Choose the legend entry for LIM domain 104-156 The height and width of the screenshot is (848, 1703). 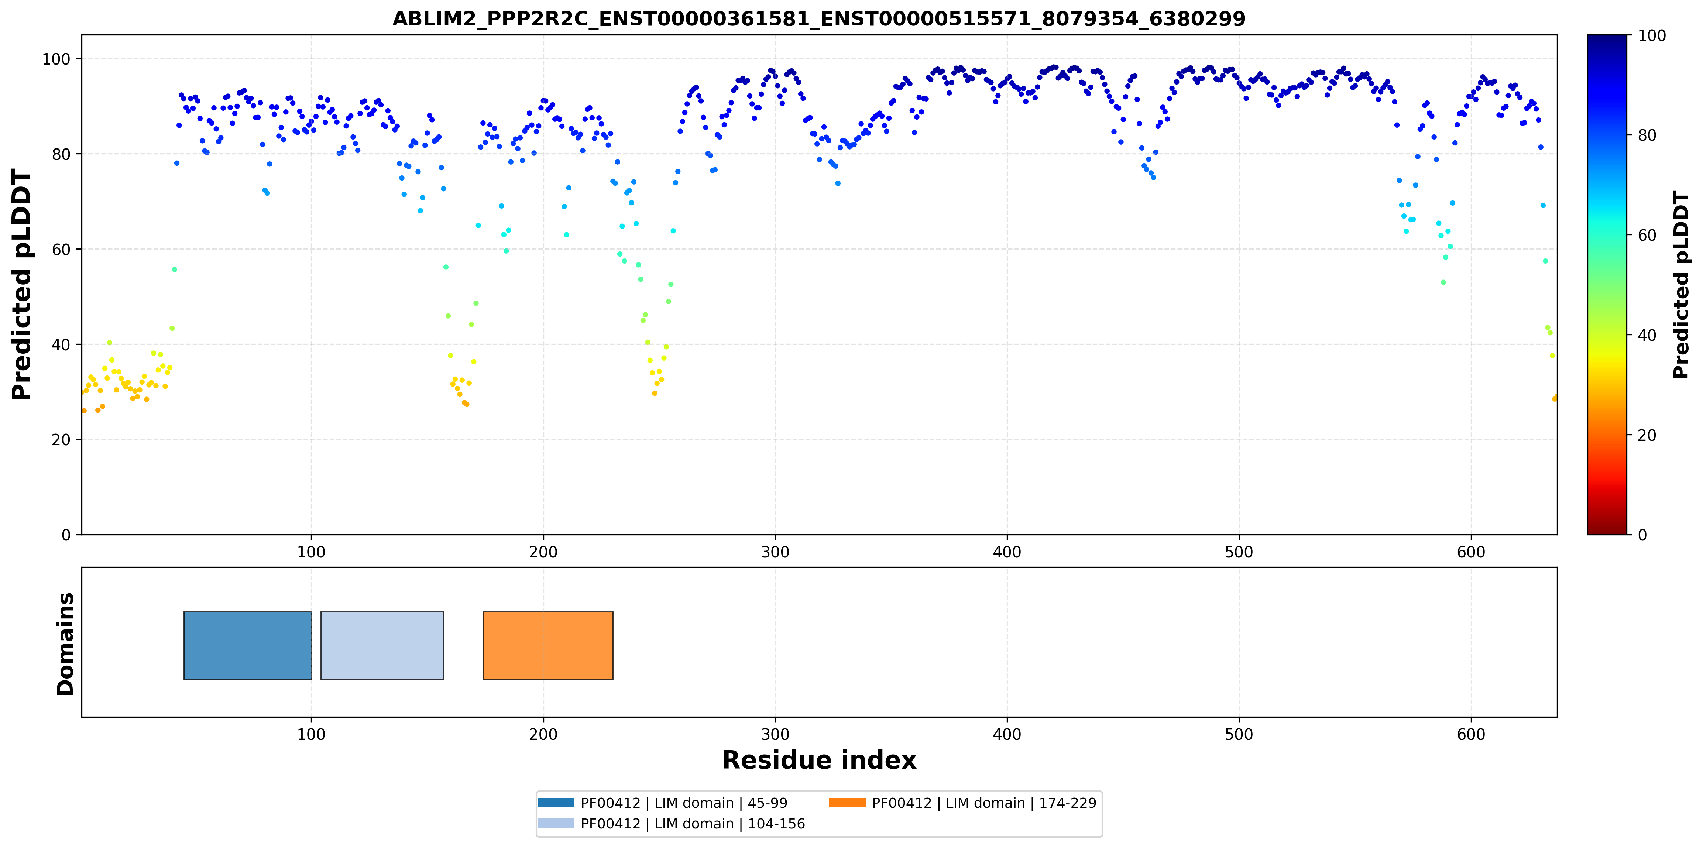pos(671,824)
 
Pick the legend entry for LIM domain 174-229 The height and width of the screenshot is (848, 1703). pos(962,803)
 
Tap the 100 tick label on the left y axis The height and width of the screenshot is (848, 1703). pos(56,59)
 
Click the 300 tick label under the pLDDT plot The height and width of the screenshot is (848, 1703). pos(775,553)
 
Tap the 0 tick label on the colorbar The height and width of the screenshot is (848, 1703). pos(1642,535)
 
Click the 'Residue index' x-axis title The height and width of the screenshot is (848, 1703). pos(819,760)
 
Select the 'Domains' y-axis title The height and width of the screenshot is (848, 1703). pos(65,644)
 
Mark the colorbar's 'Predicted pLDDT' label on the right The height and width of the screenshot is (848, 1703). pos(1681,285)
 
